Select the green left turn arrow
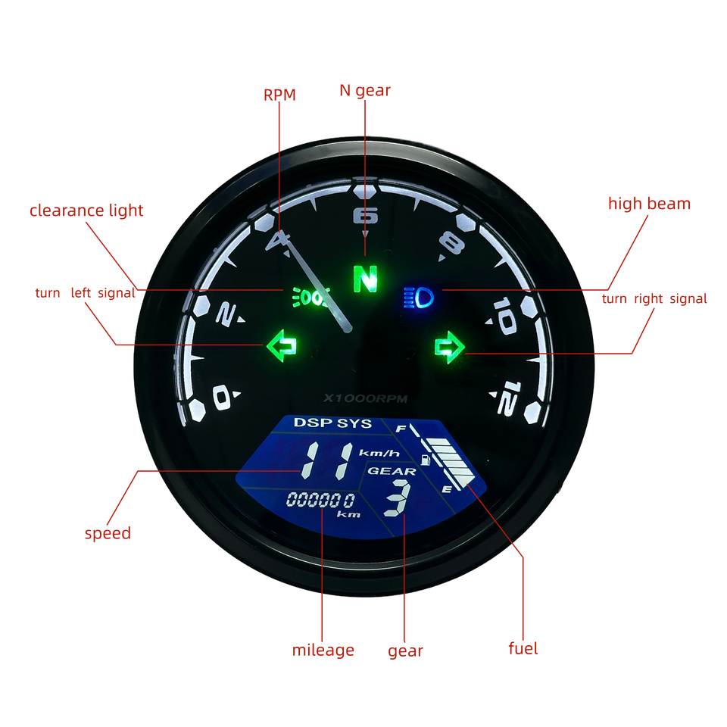[281, 347]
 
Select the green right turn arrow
[449, 347]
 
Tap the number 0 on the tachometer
[222, 396]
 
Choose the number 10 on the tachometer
[504, 315]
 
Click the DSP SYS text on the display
[332, 423]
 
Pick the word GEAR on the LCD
[392, 471]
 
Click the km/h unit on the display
[379, 453]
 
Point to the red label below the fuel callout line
[523, 649]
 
